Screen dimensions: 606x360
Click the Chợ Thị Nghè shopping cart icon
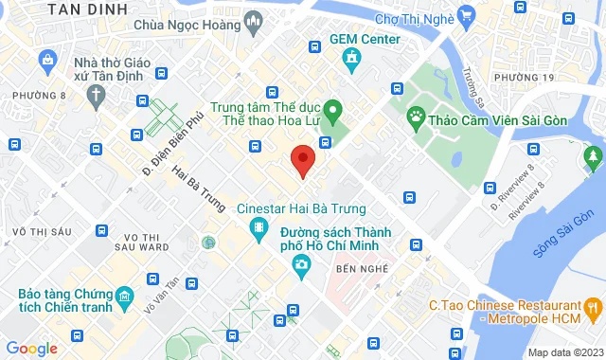[465, 16]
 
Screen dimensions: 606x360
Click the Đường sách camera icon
[301, 262]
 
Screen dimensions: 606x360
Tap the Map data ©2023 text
[563, 352]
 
